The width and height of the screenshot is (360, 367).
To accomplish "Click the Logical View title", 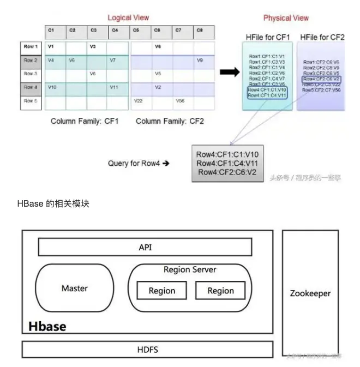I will [128, 17].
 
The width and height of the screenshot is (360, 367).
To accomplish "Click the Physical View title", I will [286, 18].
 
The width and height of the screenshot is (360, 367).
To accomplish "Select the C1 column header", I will [51, 31].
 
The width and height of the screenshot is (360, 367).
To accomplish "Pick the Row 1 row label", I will [32, 47].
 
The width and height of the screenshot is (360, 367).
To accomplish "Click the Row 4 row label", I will [32, 87].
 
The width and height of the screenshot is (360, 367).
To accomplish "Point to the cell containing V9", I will [200, 60].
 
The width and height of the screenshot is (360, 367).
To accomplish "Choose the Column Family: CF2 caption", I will [170, 121].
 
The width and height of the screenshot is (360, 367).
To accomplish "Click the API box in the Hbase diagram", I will [145, 247].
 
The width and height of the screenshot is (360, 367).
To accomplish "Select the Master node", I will [75, 288].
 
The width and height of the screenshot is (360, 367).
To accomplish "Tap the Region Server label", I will [190, 269].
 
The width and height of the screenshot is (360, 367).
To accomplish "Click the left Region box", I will [162, 291].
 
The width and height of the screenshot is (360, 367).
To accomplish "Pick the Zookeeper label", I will [310, 293].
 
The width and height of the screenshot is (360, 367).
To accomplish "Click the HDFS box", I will [147, 350].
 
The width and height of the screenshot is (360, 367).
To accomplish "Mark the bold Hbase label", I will [47, 326].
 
